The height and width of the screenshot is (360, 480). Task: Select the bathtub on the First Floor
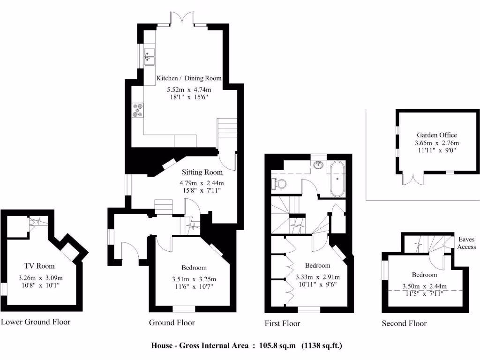tap(337, 179)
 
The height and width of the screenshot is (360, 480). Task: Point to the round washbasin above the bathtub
tap(319, 164)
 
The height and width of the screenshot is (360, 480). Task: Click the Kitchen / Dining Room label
tap(189, 78)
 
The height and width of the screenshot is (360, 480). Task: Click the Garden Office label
tap(436, 135)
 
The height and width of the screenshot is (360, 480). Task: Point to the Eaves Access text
tap(466, 243)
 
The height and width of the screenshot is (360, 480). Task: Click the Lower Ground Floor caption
tap(36, 322)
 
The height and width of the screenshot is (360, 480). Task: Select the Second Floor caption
tap(404, 323)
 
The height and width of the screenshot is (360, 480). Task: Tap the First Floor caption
tap(282, 323)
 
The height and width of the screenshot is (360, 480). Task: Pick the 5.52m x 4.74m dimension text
tap(189, 90)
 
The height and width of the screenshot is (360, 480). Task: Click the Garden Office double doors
tap(413, 179)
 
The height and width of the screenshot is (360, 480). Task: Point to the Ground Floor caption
tap(172, 322)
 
